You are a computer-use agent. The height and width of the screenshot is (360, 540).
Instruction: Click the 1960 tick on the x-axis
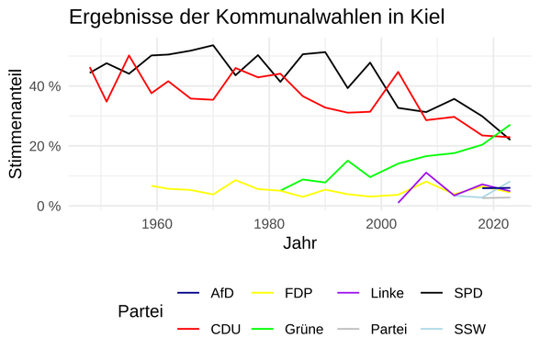click(156, 223)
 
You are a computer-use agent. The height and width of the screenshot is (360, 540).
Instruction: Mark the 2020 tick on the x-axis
click(494, 223)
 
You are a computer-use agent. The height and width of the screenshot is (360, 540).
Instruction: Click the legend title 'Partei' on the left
click(141, 311)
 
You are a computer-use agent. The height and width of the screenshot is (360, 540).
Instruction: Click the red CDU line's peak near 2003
click(398, 72)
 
